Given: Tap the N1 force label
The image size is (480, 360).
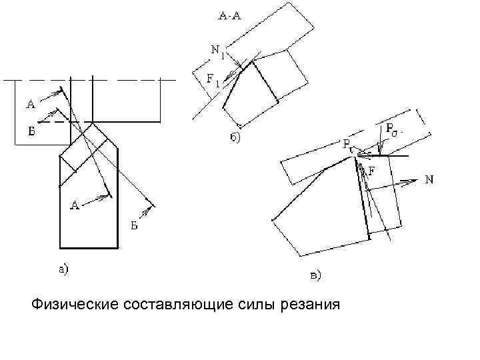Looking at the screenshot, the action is tap(217, 50).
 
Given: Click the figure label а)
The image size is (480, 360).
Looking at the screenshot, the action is tap(61, 269).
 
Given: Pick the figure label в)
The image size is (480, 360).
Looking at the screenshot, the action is tap(315, 274).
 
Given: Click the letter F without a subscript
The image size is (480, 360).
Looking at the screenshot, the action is tap(371, 171).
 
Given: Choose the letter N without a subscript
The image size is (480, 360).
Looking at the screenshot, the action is tap(430, 179).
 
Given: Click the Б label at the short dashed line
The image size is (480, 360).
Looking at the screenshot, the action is tap(31, 131).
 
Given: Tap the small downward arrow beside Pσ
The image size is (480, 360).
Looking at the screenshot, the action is tap(380, 147).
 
